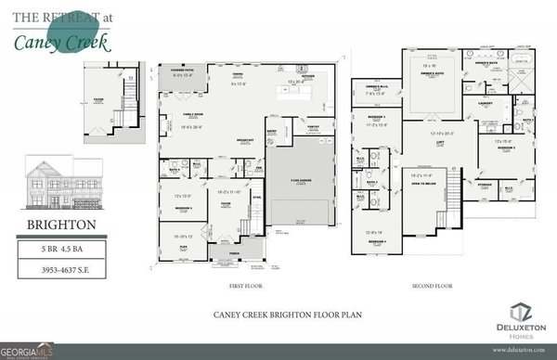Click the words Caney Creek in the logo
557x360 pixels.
tap(62, 42)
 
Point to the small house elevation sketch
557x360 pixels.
tap(62, 185)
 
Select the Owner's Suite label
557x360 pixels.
tap(430, 64)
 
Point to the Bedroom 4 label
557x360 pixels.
tap(376, 241)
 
